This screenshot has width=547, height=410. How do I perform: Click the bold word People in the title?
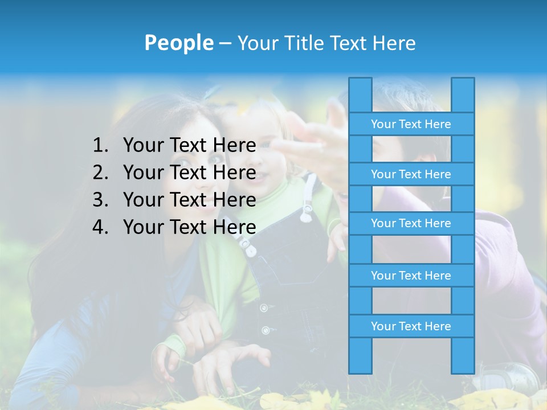178,43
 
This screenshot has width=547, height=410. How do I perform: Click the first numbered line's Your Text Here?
189,146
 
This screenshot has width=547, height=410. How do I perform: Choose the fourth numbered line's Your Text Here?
189,227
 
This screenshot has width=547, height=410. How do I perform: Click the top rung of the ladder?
411,124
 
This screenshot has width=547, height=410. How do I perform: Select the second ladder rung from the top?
411,174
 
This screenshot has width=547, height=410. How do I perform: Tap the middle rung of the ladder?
411,223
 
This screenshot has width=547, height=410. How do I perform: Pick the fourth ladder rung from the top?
411,276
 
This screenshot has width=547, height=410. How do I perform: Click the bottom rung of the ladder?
411,326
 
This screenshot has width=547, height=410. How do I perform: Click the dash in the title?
224,43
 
